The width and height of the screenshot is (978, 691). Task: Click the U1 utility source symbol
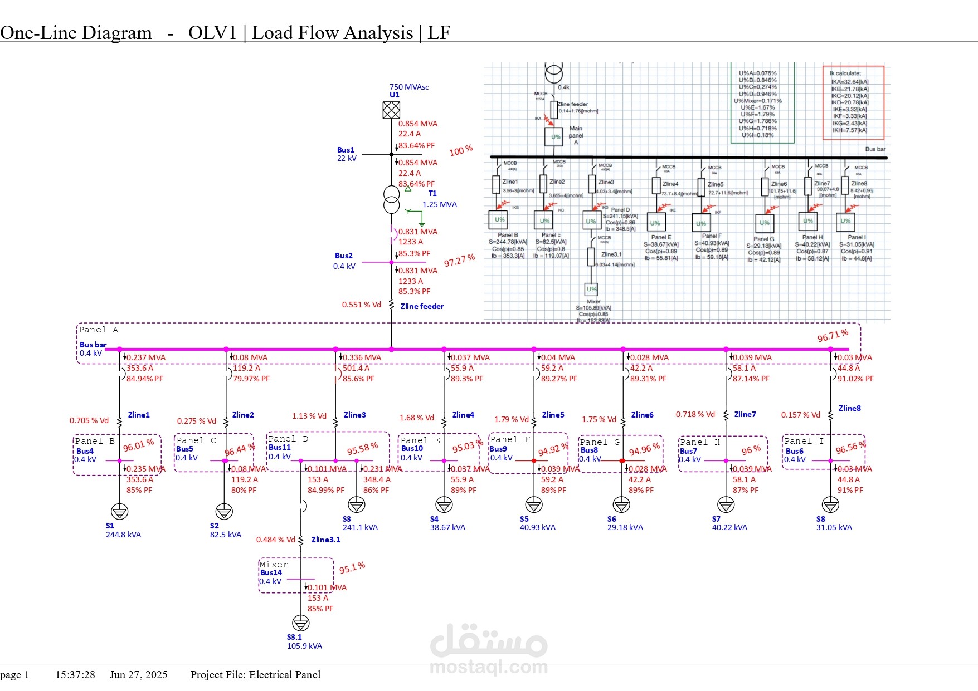[391, 110]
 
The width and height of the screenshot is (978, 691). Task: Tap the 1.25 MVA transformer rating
[439, 204]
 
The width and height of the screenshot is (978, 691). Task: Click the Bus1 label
[346, 150]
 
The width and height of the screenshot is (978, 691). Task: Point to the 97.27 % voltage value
[459, 260]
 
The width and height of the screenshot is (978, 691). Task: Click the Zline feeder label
[422, 306]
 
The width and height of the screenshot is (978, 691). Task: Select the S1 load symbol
[120, 511]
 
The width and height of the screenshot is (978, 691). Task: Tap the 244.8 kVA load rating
[123, 535]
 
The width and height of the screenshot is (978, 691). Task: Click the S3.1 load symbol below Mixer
[300, 623]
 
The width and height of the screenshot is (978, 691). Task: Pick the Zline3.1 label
[325, 540]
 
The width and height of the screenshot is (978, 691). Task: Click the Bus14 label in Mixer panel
[271, 572]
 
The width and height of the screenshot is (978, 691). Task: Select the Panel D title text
[288, 439]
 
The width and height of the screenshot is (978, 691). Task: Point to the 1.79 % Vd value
[511, 419]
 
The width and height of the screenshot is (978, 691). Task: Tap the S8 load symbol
[830, 504]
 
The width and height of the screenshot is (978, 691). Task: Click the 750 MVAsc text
[409, 87]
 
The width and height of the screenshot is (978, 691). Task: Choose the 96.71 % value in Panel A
[833, 335]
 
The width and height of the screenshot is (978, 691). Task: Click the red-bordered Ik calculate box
[853, 102]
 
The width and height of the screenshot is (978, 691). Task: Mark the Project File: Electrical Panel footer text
[255, 675]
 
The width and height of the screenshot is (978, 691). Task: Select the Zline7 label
[745, 414]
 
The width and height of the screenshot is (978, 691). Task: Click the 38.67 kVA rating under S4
[447, 527]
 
